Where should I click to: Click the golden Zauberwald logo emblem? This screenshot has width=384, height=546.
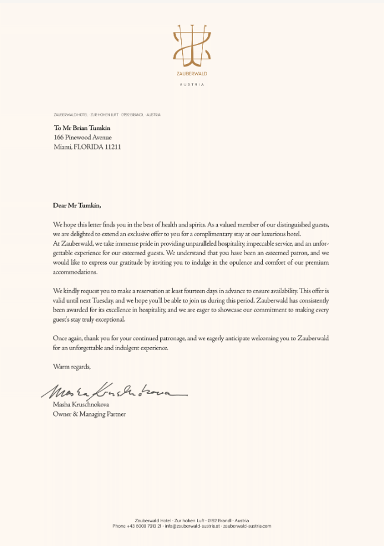191,46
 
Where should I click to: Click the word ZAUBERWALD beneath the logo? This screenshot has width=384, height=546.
191,74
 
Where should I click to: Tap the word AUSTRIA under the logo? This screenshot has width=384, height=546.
191,85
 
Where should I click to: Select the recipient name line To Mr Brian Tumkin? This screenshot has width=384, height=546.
82,128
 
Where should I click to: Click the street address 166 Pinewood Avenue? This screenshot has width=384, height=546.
82,137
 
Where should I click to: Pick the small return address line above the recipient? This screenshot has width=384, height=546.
107,115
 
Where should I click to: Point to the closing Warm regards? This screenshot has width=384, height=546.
72,366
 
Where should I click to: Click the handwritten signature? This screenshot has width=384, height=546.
113,390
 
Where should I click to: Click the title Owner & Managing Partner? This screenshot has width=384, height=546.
89,414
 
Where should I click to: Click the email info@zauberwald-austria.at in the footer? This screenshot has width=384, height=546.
192,526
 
